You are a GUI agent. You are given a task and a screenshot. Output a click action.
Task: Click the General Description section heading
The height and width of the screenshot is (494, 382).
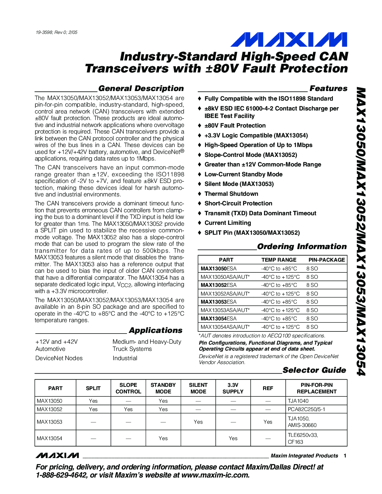pos(141,89)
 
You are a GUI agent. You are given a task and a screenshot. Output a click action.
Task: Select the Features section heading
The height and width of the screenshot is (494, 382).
pos(328,89)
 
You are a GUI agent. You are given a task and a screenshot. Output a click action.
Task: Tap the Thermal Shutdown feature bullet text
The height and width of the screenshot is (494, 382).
pos(231,194)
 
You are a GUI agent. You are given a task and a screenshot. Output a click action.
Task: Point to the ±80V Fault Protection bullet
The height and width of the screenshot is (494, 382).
pos(235,125)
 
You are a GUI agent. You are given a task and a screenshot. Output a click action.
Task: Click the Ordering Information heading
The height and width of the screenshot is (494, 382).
pos(302,247)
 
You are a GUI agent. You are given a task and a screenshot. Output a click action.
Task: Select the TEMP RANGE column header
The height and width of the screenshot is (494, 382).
pos(279,260)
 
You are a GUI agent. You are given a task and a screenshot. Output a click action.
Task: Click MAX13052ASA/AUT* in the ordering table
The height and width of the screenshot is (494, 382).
pos(225,294)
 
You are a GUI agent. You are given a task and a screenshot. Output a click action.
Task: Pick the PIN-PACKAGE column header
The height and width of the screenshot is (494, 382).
pos(327,260)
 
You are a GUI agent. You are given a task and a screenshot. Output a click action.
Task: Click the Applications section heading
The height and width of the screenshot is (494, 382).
pos(155,331)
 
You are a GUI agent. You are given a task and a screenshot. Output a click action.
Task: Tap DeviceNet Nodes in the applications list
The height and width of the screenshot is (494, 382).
pos(59,358)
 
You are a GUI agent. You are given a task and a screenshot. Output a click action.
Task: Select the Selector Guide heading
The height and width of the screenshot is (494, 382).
pos(314,370)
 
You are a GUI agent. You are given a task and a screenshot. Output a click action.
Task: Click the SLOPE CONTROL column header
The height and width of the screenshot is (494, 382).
pos(128,388)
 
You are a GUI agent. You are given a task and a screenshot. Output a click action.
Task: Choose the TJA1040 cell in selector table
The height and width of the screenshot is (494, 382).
pos(298,401)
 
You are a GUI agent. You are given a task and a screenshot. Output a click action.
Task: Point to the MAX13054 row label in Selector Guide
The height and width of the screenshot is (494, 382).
pos(49,438)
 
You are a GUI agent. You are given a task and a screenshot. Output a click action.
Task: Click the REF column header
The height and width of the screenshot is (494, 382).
pos(268,388)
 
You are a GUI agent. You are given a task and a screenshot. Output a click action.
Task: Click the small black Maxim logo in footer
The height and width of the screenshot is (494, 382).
pos(57,456)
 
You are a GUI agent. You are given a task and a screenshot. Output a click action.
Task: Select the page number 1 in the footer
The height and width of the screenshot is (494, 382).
pos(345,456)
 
